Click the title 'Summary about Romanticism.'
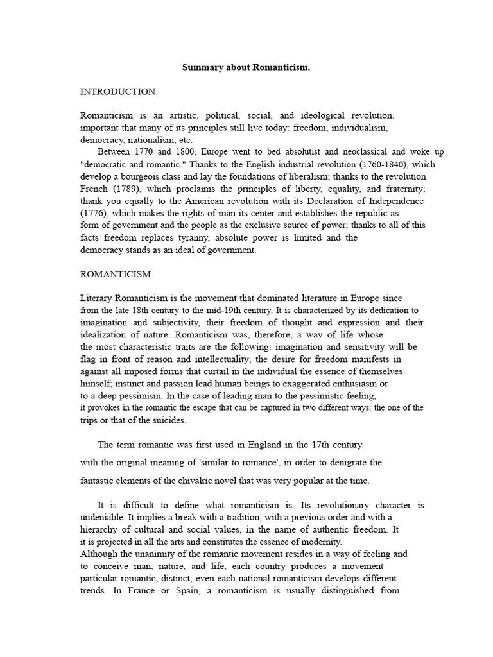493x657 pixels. point(246,67)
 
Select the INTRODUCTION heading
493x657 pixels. point(118,92)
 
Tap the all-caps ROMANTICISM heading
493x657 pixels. point(116,274)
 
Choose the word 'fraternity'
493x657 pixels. point(404,189)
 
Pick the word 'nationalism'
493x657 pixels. point(152,140)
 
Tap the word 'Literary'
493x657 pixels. point(96,298)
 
